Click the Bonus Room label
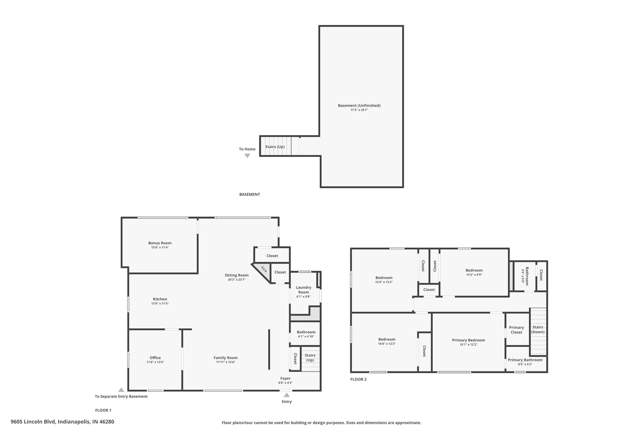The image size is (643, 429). [x=160, y=243]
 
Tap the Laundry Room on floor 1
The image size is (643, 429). [x=304, y=292]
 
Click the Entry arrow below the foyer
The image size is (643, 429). [x=287, y=395]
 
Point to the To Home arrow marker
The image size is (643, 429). [x=247, y=156]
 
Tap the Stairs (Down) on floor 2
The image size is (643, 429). [x=538, y=331]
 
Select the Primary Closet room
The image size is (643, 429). [x=517, y=329]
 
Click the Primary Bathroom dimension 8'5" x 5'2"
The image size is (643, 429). [x=525, y=365]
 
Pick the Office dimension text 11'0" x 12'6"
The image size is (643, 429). [x=155, y=362]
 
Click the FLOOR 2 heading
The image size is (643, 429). [x=358, y=379]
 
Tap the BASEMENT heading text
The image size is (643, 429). [x=250, y=195]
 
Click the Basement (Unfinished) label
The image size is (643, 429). [x=359, y=106]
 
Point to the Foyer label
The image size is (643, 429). [x=285, y=378]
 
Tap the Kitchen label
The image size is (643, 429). [x=160, y=299]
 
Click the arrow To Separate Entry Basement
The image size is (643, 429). [x=121, y=390]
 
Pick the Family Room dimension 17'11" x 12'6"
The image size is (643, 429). [x=226, y=362]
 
